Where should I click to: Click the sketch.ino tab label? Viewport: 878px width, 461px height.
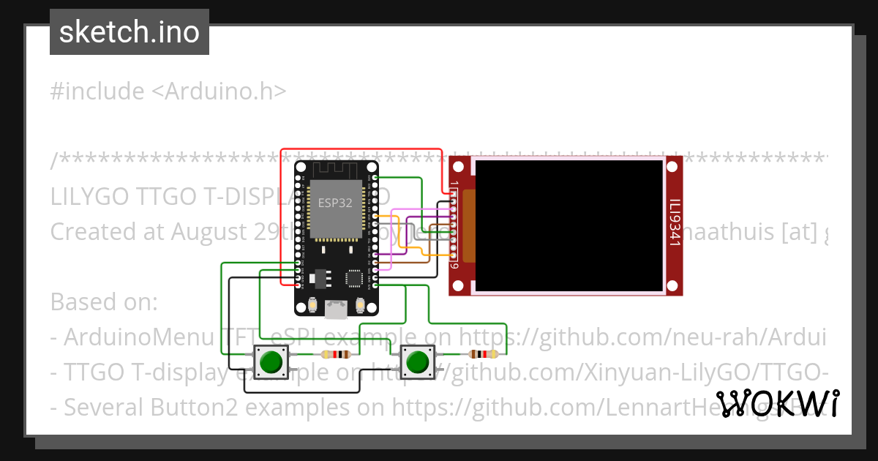click(129, 32)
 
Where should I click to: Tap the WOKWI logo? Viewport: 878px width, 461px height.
click(778, 403)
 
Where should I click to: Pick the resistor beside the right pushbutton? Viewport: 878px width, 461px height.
click(483, 355)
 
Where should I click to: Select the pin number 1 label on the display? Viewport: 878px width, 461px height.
click(454, 184)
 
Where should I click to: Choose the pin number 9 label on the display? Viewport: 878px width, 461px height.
click(454, 266)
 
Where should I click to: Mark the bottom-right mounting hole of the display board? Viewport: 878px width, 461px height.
click(674, 286)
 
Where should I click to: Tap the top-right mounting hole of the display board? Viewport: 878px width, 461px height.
click(674, 165)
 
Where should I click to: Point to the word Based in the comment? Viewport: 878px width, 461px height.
click(81, 301)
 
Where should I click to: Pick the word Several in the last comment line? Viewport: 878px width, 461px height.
click(105, 407)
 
